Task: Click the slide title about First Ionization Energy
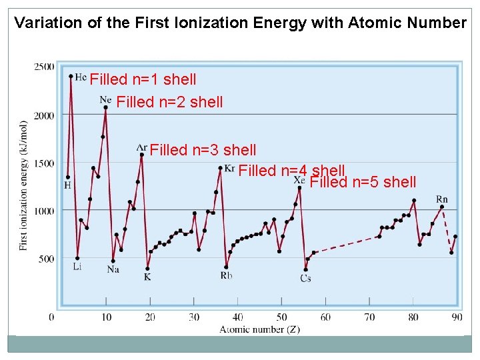pyautogui.click(x=240, y=23)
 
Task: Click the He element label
pyautogui.click(x=81, y=77)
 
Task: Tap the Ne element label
pyautogui.click(x=105, y=99)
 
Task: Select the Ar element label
pyautogui.click(x=141, y=147)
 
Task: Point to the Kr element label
pyautogui.click(x=230, y=167)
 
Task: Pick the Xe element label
pyautogui.click(x=299, y=180)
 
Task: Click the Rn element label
pyautogui.click(x=442, y=199)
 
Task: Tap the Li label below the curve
pyautogui.click(x=77, y=267)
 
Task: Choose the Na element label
pyautogui.click(x=113, y=269)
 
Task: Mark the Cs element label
pyautogui.click(x=305, y=278)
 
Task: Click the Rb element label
pyautogui.click(x=227, y=275)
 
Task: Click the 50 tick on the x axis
pyautogui.click(x=282, y=317)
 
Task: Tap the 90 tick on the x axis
pyautogui.click(x=457, y=317)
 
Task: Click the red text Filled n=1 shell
pyautogui.click(x=143, y=80)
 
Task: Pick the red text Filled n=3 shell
pyautogui.click(x=203, y=150)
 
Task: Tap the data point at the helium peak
pyautogui.click(x=71, y=75)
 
